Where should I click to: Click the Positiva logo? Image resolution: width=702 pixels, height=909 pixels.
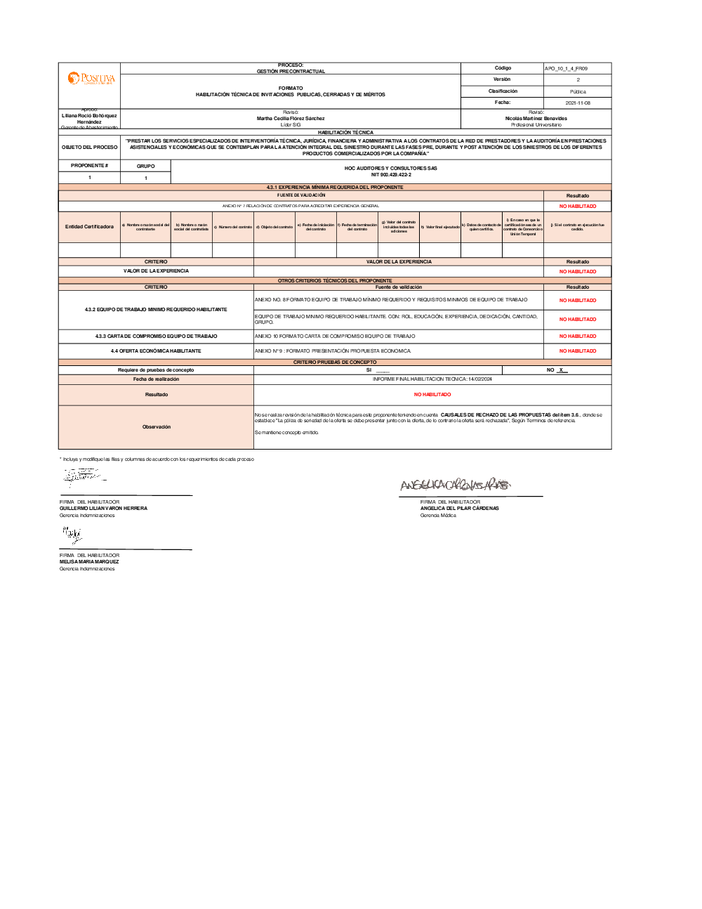click(91, 78)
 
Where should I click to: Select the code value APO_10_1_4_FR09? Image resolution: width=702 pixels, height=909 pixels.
click(566, 69)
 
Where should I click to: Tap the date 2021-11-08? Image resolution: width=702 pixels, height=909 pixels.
click(578, 103)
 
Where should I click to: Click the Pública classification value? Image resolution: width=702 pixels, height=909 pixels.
click(578, 91)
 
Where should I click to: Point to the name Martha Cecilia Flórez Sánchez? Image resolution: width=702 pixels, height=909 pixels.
click(291, 119)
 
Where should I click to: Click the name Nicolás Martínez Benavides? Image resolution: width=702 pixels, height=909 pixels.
click(536, 119)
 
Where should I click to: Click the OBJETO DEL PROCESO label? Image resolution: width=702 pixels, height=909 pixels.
click(90, 148)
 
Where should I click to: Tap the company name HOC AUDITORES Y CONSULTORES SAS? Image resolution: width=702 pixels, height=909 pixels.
click(390, 169)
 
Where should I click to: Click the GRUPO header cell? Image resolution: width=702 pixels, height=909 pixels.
click(146, 166)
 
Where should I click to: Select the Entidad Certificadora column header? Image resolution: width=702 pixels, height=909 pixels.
click(89, 227)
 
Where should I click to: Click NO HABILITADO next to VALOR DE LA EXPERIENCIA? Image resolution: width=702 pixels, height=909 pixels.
click(577, 271)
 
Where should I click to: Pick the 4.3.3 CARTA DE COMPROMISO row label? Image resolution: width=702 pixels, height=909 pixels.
click(156, 336)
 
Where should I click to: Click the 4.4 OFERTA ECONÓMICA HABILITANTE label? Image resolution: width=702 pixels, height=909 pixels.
click(156, 351)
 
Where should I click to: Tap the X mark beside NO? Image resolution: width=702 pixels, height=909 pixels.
click(561, 370)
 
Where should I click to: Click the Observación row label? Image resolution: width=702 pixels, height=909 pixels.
click(156, 427)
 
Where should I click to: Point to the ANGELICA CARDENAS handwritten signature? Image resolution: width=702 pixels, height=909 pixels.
click(455, 485)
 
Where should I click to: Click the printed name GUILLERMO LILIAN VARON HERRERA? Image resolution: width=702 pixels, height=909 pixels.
click(103, 509)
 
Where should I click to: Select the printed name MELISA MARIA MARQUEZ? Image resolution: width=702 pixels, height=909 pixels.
click(89, 562)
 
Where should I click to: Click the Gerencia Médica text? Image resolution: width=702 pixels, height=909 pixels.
click(438, 516)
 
